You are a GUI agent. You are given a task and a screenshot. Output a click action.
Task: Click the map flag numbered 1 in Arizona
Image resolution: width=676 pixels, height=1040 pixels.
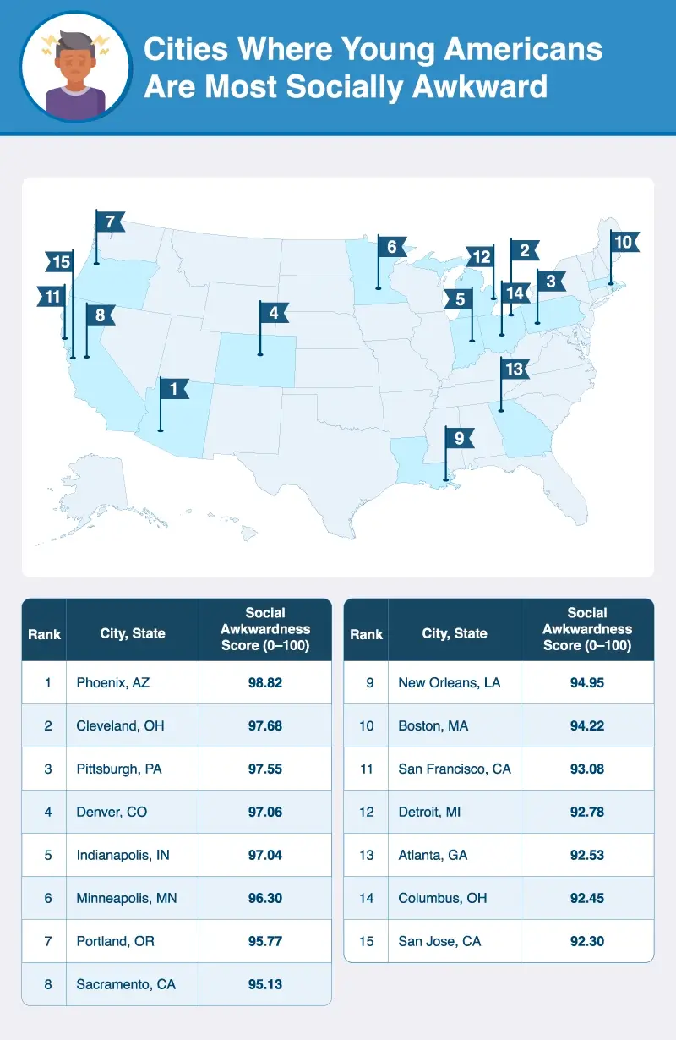tap(173, 389)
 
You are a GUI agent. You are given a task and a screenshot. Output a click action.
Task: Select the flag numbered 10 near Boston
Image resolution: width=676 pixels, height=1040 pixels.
tap(623, 242)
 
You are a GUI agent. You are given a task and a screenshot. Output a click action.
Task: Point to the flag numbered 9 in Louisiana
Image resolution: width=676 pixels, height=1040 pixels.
tap(458, 438)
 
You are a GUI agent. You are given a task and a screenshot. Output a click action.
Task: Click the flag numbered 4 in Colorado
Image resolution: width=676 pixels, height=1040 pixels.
tap(274, 313)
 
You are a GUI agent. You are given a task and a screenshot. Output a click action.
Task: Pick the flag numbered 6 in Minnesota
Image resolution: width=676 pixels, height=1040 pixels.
tap(392, 247)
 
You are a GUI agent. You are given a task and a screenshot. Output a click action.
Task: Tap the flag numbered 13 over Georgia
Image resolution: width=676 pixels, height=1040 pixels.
tap(514, 369)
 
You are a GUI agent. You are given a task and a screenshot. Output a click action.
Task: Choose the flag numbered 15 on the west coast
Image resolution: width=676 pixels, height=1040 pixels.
tap(60, 262)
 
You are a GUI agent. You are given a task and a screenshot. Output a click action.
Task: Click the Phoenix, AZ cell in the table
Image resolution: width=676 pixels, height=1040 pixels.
tap(112, 682)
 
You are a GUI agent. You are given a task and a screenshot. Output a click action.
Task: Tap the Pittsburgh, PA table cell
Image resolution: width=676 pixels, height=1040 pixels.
tap(117, 769)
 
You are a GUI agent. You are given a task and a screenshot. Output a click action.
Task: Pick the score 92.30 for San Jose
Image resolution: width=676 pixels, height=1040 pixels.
tap(586, 940)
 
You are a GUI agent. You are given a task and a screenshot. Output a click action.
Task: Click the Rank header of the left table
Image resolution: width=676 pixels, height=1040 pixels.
tap(44, 633)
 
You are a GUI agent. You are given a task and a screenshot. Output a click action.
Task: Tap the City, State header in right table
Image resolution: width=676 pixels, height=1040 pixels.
tap(455, 633)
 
